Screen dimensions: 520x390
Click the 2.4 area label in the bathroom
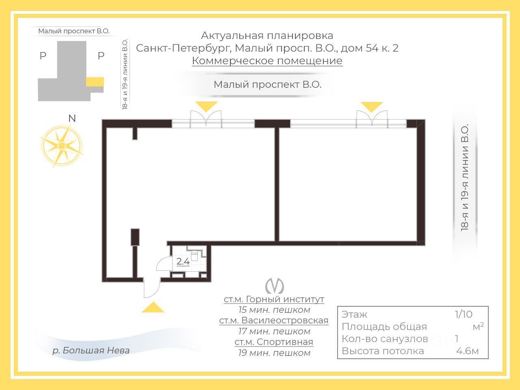[183, 262]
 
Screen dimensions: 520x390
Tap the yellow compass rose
[62, 145]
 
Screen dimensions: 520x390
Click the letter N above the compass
[72, 118]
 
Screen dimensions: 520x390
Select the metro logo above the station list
[274, 286]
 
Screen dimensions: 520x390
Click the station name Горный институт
[274, 299]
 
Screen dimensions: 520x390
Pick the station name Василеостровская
[274, 321]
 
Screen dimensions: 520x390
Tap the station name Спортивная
[274, 342]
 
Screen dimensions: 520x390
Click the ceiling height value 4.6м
[467, 351]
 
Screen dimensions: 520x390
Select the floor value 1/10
[464, 314]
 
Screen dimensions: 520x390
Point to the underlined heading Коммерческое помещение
[267, 61]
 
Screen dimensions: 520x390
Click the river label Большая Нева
[91, 350]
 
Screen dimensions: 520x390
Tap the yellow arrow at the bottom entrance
[153, 308]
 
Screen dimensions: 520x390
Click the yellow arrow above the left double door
[206, 106]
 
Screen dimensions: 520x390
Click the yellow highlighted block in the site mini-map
[95, 82]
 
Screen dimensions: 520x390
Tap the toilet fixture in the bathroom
[194, 255]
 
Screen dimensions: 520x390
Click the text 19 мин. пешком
[274, 353]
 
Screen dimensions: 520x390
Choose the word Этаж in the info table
[354, 314]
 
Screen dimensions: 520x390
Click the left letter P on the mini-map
[43, 56]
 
